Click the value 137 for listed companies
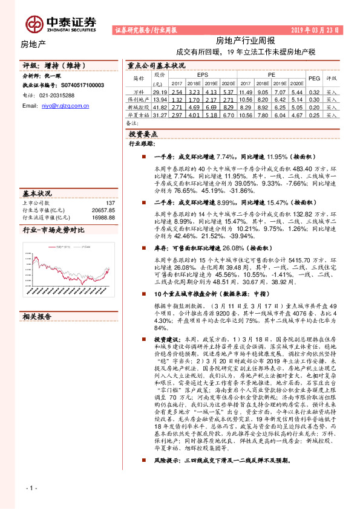coord(110,203)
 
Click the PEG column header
coord(314,79)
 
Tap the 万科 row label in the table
coord(139,92)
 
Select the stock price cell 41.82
coord(160,106)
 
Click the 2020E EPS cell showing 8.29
coord(227,106)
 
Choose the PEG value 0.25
coord(314,114)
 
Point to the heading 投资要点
coord(143,133)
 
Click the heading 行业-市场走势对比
coord(53,230)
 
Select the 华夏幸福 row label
coord(139,114)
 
